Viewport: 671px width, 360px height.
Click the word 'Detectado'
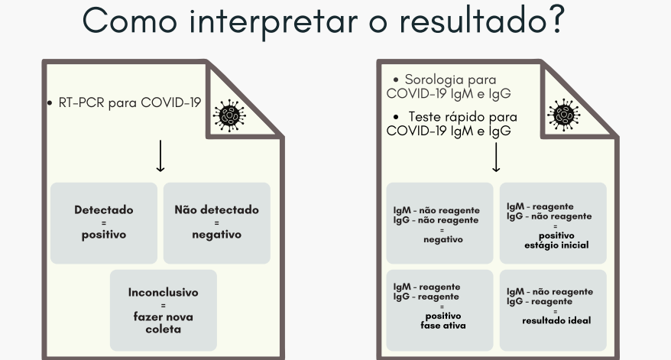pyautogui.click(x=104, y=209)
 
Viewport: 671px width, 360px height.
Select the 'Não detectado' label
pyautogui.click(x=216, y=209)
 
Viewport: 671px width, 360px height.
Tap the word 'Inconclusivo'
pyautogui.click(x=164, y=293)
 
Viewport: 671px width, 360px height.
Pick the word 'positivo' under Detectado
pyautogui.click(x=104, y=235)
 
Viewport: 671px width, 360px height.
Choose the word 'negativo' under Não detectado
pyautogui.click(x=216, y=235)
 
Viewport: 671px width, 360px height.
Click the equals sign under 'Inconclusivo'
pyautogui.click(x=164, y=304)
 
